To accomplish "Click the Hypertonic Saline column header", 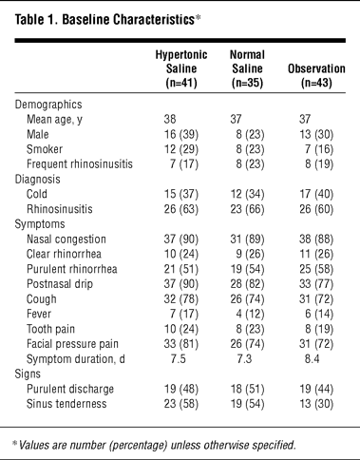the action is click(x=181, y=68).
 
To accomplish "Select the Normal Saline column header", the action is click(x=247, y=68).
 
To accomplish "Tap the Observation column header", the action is click(x=316, y=76).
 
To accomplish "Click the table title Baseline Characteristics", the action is click(x=128, y=20).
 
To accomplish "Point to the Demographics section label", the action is click(x=48, y=105).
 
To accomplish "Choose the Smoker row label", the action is click(x=45, y=149).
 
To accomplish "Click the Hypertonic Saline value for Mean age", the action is click(x=170, y=119).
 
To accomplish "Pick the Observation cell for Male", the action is click(x=316, y=134).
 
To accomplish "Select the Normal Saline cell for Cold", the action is click(x=247, y=194).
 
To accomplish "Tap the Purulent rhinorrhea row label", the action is click(x=72, y=269).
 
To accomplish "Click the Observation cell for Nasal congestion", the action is click(x=316, y=240).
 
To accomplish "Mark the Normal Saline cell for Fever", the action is click(x=250, y=314).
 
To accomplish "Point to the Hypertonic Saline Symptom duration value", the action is click(x=178, y=359).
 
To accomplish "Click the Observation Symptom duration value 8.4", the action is click(x=312, y=359).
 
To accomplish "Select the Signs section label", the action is click(x=28, y=374).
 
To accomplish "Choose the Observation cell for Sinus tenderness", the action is click(x=316, y=404).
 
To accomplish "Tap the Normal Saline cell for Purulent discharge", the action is click(x=247, y=389).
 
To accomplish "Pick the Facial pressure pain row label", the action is click(x=72, y=344).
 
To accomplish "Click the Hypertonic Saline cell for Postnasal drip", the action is click(x=181, y=284).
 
